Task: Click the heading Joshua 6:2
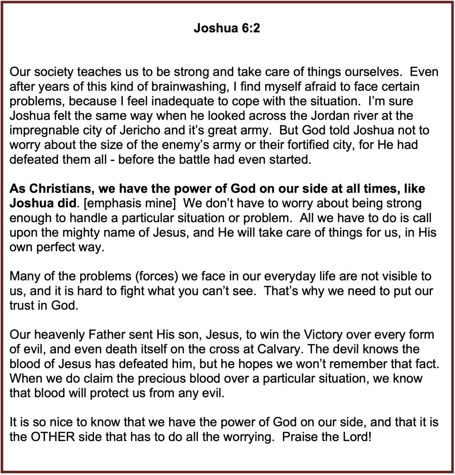pyautogui.click(x=227, y=29)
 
